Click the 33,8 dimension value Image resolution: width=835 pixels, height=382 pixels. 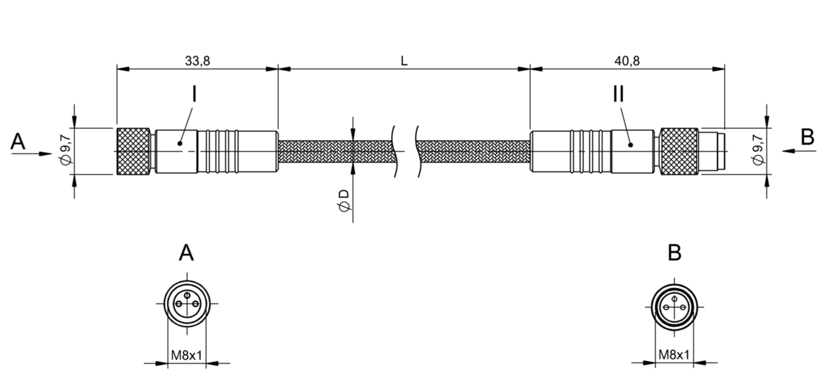197,61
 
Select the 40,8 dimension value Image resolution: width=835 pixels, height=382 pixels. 627,61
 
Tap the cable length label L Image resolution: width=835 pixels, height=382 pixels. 404,61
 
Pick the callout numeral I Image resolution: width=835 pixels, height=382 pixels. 194,94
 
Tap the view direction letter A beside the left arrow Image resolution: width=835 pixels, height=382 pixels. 18,142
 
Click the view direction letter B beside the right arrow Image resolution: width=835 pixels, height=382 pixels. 807,137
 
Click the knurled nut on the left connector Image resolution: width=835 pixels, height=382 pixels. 133,151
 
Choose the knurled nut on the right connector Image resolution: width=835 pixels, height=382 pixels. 679,151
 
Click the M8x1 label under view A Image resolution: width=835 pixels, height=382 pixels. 186,355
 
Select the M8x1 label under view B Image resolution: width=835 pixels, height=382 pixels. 673,355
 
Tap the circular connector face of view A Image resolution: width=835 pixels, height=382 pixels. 186,303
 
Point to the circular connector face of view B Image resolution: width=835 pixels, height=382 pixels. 673,307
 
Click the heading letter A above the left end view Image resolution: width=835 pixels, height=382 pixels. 186,253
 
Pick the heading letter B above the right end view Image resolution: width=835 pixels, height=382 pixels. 674,253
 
